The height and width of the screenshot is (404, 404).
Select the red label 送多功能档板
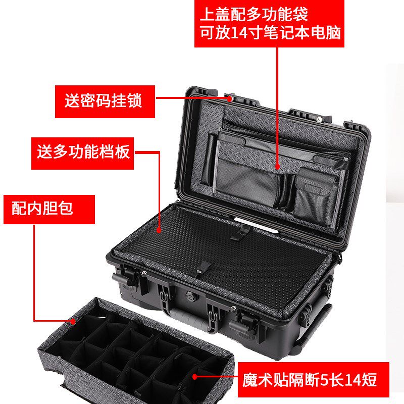[83, 151]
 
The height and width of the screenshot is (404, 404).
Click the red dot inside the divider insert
[195, 375]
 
